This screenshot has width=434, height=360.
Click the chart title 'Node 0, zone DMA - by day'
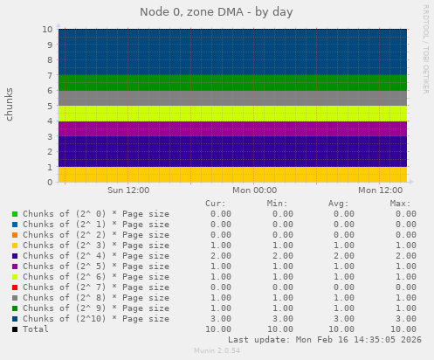217,12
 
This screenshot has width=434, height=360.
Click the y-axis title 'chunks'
10,104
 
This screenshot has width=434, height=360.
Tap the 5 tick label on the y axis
50,106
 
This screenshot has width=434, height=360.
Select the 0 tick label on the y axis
50,183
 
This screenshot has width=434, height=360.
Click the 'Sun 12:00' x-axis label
127,190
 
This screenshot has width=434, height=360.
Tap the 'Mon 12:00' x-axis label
382,190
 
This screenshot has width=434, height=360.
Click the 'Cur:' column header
215,204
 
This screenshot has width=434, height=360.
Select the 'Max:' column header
401,204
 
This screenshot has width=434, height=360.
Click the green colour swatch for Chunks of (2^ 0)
15,214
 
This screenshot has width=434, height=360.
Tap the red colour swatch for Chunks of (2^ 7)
15,287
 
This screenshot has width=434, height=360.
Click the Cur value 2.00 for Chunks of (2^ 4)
220,256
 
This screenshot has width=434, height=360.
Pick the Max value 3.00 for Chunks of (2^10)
405,319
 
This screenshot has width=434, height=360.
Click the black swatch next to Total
15,329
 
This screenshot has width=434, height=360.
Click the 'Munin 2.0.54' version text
217,351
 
